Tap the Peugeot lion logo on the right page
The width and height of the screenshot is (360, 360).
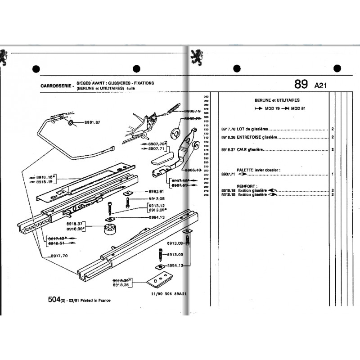point(196,56)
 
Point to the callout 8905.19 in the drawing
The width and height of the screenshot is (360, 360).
point(193,170)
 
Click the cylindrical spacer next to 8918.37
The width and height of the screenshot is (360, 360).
point(110,228)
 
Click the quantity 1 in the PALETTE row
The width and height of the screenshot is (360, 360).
point(332,174)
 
